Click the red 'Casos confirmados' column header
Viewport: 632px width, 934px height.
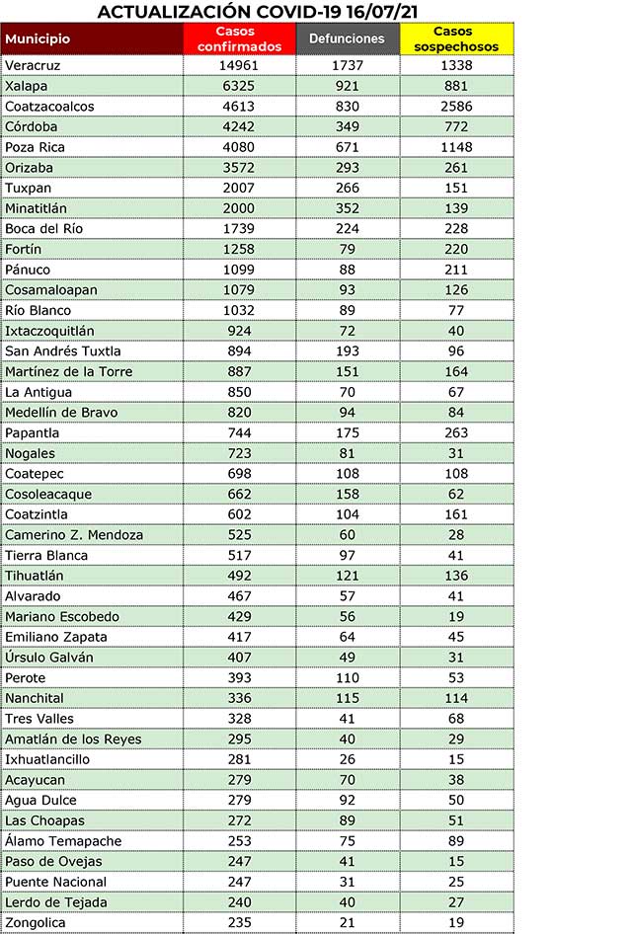239,39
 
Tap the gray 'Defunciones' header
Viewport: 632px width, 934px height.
347,39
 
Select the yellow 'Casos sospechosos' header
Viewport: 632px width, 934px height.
457,39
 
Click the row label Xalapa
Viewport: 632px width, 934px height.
27,86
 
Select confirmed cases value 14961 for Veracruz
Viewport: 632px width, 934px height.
239,65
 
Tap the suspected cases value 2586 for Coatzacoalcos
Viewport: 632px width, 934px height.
457,107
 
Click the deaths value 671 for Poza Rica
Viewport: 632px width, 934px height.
347,147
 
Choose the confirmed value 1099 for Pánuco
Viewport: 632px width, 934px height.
239,270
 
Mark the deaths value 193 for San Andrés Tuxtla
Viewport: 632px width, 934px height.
347,351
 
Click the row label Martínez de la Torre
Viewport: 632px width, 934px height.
68,372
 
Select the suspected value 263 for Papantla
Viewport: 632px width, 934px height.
457,433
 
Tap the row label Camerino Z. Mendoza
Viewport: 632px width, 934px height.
74,535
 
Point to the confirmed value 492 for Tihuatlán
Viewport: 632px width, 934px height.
239,576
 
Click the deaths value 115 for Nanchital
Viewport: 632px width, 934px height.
347,698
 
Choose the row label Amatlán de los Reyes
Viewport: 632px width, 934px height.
73,739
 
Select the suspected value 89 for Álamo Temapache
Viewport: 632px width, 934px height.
457,841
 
